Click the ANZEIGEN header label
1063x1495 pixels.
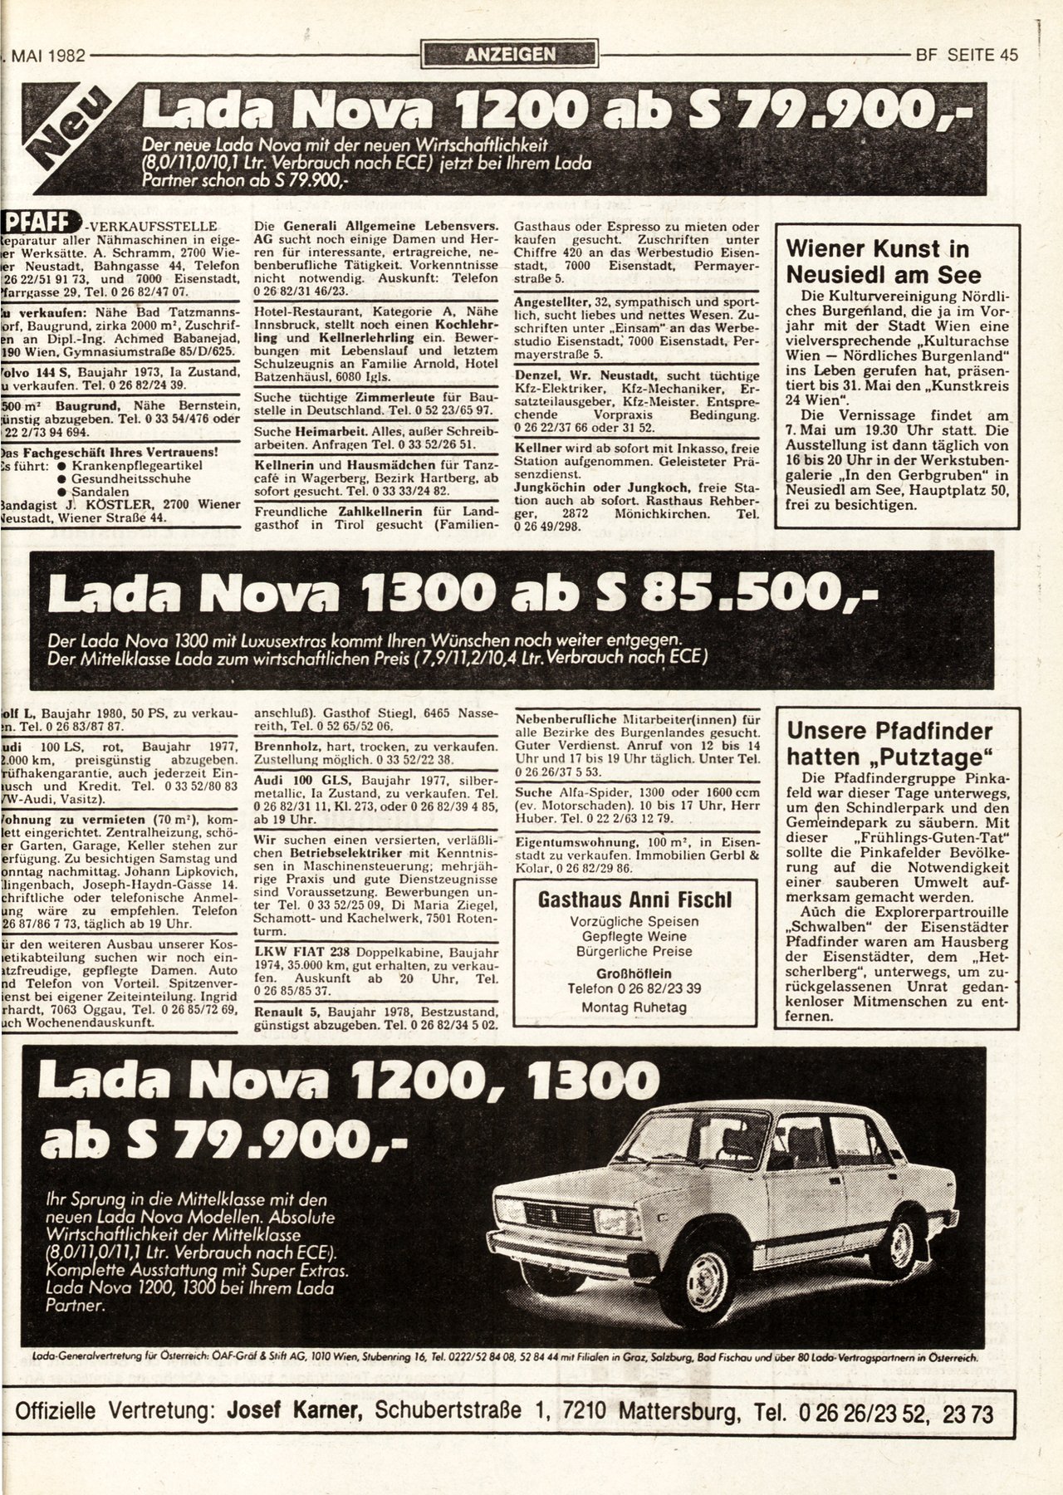click(510, 55)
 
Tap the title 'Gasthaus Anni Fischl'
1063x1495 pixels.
click(634, 899)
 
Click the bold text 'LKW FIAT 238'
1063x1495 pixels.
click(293, 950)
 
